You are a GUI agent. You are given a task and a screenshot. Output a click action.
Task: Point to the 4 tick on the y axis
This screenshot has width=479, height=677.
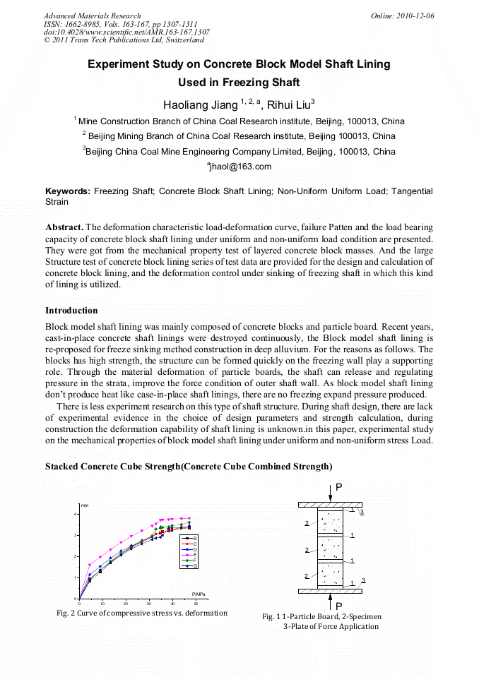tap(76, 514)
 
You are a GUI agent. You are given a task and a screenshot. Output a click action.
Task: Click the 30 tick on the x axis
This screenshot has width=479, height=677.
tap(149, 604)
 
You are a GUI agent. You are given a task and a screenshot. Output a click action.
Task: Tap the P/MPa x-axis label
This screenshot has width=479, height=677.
tap(199, 593)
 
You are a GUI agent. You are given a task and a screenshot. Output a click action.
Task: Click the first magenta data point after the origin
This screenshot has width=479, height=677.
tap(89, 565)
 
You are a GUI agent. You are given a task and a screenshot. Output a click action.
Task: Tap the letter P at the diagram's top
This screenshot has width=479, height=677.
tap(339, 488)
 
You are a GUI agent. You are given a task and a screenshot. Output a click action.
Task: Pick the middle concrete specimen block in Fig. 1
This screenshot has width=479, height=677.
tap(330, 549)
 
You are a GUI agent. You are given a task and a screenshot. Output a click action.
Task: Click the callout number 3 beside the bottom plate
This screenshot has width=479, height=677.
tap(363, 580)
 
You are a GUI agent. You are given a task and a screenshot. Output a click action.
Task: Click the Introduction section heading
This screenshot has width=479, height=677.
tap(71, 311)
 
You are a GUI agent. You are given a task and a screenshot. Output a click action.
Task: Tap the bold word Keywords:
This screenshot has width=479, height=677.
tap(68, 191)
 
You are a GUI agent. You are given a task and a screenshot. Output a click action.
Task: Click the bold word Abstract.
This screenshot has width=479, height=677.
tap(64, 227)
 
